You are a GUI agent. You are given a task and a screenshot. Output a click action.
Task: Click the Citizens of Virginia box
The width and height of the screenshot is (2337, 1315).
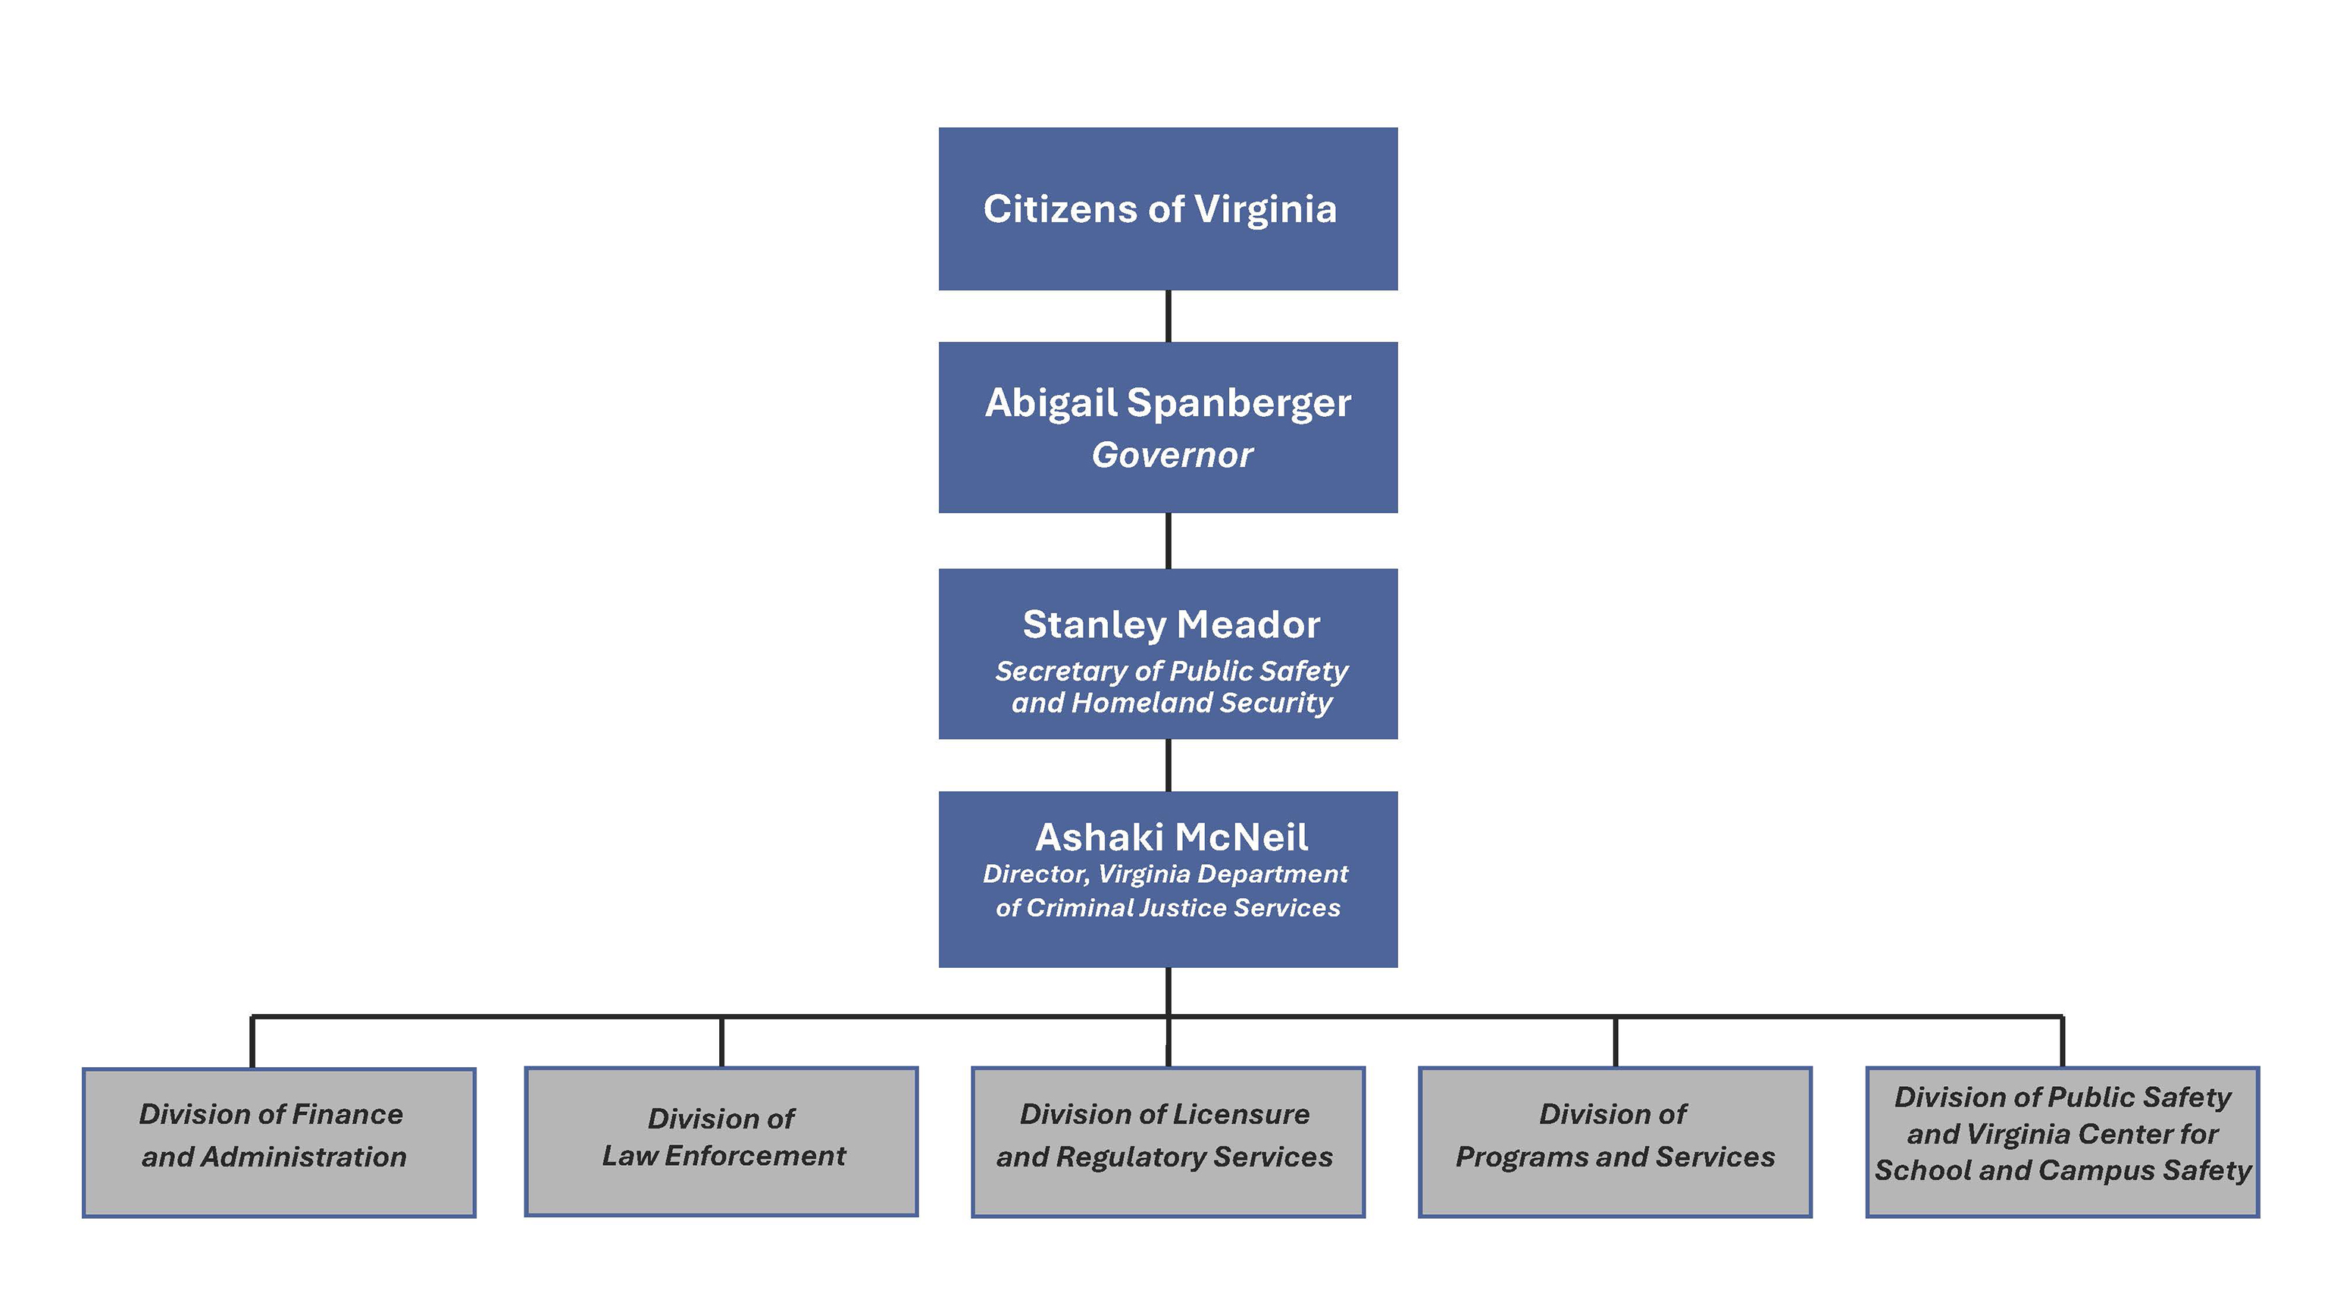(x=1168, y=208)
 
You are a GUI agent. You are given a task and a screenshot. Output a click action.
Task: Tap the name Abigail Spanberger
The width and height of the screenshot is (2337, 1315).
(x=1168, y=403)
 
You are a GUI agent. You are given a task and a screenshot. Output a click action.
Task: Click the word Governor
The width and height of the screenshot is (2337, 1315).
(x=1172, y=455)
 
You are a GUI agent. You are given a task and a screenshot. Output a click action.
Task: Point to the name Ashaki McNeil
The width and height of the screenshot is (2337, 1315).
(x=1172, y=837)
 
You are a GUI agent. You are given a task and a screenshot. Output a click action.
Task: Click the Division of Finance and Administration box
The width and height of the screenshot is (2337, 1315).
(x=279, y=1141)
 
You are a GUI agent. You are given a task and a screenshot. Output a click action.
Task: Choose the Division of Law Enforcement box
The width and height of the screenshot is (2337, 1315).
(x=721, y=1141)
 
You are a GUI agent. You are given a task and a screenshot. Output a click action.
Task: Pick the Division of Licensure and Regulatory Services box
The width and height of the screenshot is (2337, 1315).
(x=1168, y=1141)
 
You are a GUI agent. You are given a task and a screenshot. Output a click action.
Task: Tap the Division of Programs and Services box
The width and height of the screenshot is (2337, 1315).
(x=1615, y=1141)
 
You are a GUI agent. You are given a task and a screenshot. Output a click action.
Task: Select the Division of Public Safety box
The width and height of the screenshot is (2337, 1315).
(x=2062, y=1141)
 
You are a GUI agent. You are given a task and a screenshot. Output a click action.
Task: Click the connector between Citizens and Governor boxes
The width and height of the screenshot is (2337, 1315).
(x=1168, y=316)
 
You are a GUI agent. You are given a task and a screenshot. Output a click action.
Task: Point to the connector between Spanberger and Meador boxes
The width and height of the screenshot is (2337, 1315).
(x=1168, y=541)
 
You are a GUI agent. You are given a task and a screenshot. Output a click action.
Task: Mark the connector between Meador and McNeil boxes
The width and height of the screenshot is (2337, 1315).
(x=1168, y=765)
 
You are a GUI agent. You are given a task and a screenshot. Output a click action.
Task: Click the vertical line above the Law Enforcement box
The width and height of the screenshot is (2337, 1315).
(x=721, y=1042)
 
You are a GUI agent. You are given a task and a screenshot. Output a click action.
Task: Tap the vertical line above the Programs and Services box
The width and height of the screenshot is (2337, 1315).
(x=1615, y=1042)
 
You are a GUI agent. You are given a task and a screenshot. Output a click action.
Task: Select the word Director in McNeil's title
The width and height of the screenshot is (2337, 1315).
(x=1035, y=874)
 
